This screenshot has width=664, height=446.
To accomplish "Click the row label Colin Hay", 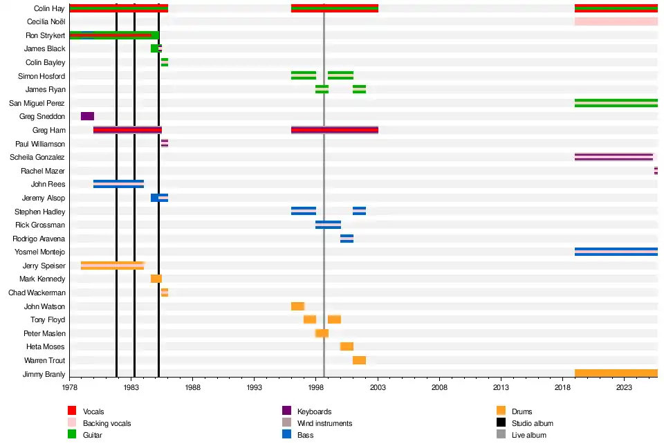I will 49,8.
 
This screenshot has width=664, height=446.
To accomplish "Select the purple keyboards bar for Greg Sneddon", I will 87,116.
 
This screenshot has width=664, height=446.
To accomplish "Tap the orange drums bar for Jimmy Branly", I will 616,374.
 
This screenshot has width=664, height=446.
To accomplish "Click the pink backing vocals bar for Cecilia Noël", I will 616,21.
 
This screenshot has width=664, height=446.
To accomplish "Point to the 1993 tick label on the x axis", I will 254,389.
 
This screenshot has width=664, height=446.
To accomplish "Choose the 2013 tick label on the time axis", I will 501,389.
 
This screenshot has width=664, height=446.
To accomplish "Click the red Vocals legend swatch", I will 72,412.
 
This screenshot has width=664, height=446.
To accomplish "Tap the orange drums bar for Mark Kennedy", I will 156,279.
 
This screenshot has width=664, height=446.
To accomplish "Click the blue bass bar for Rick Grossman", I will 328,225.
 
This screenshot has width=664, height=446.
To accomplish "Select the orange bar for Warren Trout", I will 359,360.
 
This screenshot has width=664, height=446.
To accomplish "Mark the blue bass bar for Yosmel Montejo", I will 616,252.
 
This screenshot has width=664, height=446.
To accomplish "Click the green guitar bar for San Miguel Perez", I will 616,103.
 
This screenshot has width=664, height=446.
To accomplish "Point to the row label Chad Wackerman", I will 37,292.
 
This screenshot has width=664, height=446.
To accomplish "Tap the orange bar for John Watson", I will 297,306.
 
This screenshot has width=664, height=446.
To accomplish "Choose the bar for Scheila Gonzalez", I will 614,157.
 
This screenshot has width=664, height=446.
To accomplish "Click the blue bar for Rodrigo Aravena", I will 347,239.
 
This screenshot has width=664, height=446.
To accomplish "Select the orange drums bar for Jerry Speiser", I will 112,266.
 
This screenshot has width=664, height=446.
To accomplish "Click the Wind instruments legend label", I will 324,423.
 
